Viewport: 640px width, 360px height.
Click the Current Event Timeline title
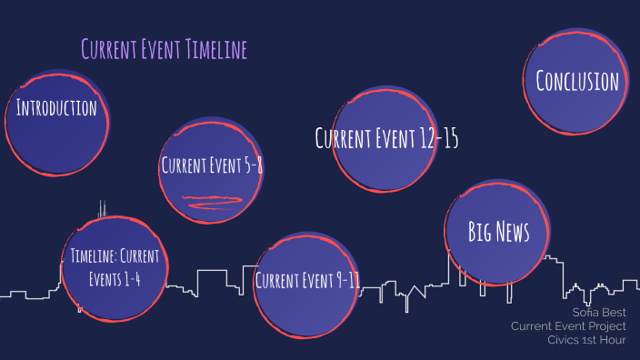click(164, 49)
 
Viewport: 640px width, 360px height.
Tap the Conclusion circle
click(577, 82)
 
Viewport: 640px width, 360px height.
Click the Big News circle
click(498, 233)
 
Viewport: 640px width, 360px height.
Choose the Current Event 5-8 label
click(212, 165)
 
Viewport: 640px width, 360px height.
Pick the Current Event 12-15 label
click(386, 139)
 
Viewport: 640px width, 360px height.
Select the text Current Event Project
click(568, 325)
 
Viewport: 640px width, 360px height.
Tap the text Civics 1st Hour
click(586, 339)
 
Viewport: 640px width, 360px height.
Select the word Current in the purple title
click(108, 49)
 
